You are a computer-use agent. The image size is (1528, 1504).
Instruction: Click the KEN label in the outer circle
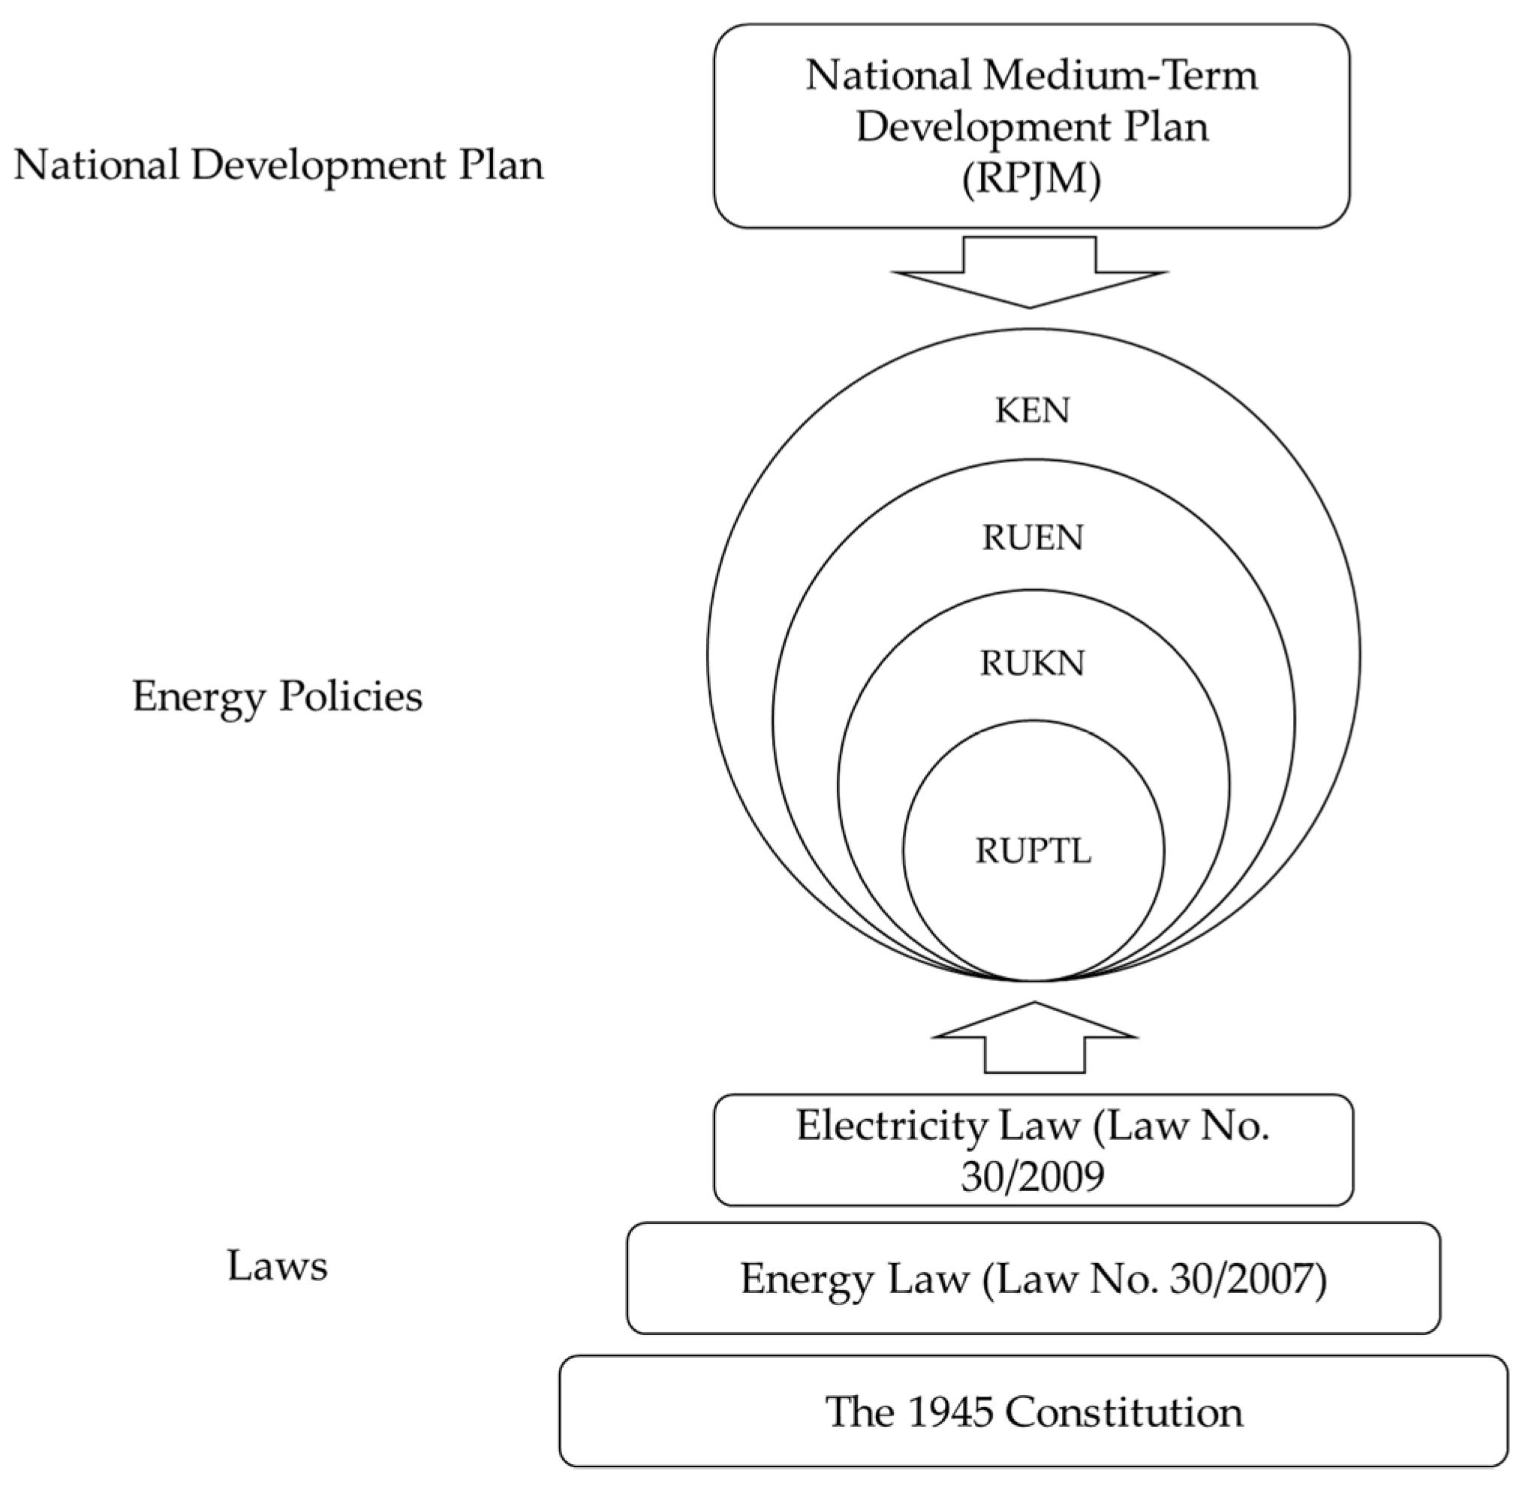point(1031,411)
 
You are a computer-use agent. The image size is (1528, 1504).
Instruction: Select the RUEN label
point(1032,538)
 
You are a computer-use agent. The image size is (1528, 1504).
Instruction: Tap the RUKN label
point(1032,663)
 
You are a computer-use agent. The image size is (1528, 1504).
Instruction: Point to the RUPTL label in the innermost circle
point(1033,851)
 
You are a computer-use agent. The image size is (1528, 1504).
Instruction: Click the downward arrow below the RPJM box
point(1030,272)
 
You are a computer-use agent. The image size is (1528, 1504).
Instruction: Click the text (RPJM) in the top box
point(1031,179)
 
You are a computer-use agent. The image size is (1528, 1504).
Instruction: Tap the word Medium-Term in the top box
point(1120,76)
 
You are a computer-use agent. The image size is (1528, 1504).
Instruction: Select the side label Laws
point(278,1265)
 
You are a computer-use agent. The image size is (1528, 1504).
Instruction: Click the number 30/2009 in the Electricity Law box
point(1032,1176)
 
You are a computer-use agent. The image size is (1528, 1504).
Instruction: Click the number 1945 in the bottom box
point(949,1412)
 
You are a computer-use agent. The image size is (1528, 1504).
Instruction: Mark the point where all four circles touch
point(1033,980)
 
